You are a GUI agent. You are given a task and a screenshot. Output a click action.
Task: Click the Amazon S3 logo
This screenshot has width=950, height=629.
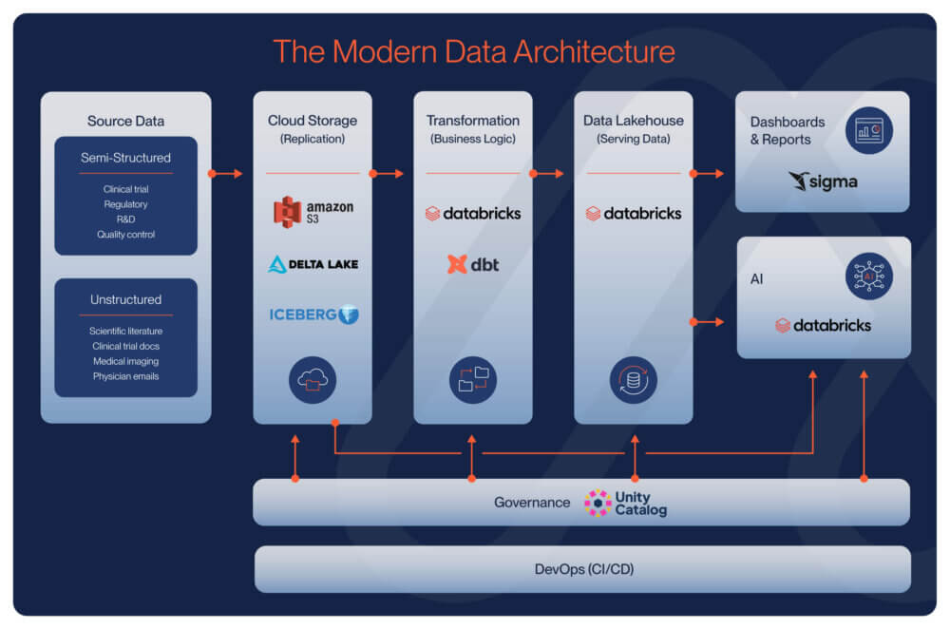pyautogui.click(x=313, y=211)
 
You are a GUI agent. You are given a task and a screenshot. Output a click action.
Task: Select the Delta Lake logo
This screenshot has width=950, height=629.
pyautogui.click(x=313, y=263)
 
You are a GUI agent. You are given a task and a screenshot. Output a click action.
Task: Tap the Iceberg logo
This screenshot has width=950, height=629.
pyautogui.click(x=313, y=314)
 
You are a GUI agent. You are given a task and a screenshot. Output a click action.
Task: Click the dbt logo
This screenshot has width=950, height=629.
pyautogui.click(x=472, y=264)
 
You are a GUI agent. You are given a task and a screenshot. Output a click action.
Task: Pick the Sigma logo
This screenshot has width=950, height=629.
pyautogui.click(x=823, y=181)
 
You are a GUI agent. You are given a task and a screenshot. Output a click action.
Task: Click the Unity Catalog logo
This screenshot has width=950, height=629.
pyautogui.click(x=626, y=503)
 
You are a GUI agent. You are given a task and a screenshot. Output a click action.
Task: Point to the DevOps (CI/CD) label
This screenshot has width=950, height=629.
pyautogui.click(x=580, y=569)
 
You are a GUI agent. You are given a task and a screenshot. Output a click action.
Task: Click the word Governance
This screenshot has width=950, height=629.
pyautogui.click(x=532, y=503)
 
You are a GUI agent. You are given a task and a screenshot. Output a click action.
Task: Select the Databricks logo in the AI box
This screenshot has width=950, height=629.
pyautogui.click(x=823, y=325)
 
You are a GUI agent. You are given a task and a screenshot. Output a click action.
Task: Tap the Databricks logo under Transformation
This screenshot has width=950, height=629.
pyautogui.click(x=473, y=213)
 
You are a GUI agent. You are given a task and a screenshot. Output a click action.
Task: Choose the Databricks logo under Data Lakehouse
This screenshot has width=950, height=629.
pyautogui.click(x=634, y=213)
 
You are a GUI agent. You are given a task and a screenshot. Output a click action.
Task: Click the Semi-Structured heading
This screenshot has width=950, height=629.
pyautogui.click(x=125, y=158)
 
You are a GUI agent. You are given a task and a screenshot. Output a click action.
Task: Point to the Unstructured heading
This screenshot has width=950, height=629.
pyautogui.click(x=125, y=299)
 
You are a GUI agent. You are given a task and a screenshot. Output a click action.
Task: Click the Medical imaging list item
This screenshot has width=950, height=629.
pyautogui.click(x=125, y=361)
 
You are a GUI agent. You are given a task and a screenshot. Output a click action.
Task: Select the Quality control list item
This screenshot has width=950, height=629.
pyautogui.click(x=125, y=235)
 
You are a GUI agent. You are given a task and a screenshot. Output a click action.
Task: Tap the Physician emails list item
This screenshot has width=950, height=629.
pyautogui.click(x=125, y=376)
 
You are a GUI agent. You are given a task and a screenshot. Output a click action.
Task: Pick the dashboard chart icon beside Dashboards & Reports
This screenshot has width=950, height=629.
pyautogui.click(x=868, y=130)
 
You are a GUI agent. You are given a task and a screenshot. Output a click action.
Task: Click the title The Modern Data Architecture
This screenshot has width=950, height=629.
pyautogui.click(x=474, y=50)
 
